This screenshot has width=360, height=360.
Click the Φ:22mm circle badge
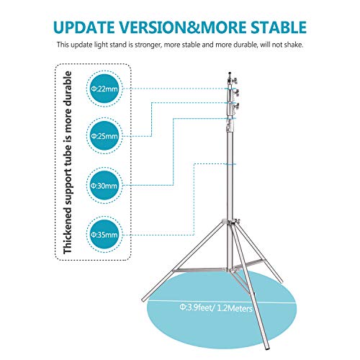pos(104,89)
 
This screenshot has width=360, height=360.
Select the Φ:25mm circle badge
pos(104,136)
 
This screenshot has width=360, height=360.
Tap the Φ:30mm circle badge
pos(104,185)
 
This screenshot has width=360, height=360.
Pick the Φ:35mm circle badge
pos(104,235)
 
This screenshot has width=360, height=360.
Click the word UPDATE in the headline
pos(84,27)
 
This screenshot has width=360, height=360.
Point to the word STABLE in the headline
pos(279,27)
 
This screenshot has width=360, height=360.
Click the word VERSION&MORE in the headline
pos(183,27)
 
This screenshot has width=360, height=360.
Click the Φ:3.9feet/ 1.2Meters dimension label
pos(216,307)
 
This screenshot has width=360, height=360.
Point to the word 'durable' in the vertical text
pos(68,89)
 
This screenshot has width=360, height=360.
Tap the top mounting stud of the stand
pos(230,74)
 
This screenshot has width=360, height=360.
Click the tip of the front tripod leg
pos(266,347)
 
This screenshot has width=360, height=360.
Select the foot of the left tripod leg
pos(145,300)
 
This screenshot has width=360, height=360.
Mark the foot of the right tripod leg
pos(280,280)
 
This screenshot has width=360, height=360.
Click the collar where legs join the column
pos(230,221)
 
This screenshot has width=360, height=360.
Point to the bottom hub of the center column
pos(230,269)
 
